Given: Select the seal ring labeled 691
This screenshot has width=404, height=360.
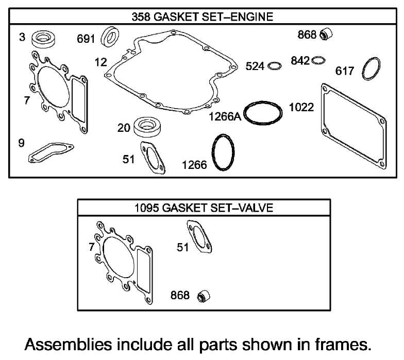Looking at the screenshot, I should (110, 37).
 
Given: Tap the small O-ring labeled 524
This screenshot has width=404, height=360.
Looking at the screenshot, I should (276, 66).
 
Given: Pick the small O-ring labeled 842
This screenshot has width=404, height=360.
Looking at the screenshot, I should (318, 60).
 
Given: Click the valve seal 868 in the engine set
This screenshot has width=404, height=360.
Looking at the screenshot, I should (326, 35).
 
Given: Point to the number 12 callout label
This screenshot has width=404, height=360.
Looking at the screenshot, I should (101, 62).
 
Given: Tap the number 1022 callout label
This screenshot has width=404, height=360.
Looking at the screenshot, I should (301, 108).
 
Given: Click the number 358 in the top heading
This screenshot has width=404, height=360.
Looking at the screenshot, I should (141, 17).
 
